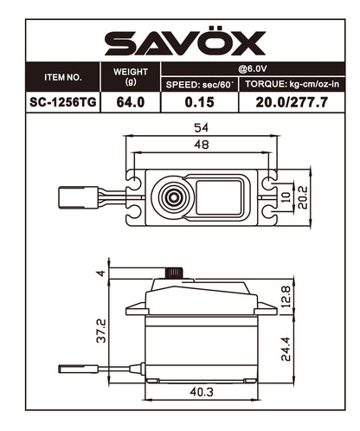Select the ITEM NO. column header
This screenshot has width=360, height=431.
(62, 77)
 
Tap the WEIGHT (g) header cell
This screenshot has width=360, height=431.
(131, 76)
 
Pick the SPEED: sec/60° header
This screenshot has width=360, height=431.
(200, 84)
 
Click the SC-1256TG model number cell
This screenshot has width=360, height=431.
(62, 100)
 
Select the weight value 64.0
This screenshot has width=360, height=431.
(131, 100)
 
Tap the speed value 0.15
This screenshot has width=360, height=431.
(200, 100)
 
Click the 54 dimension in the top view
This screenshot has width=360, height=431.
(201, 128)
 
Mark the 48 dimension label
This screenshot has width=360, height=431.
(201, 145)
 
